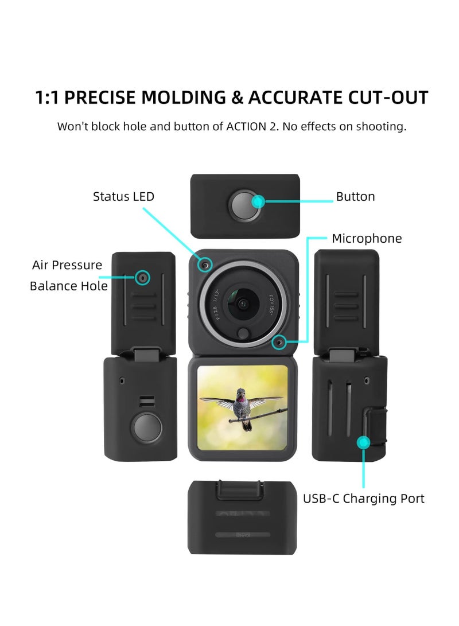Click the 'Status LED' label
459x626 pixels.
pyautogui.click(x=123, y=197)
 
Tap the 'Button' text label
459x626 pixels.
pyautogui.click(x=355, y=197)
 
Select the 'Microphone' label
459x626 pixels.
pyautogui.click(x=367, y=239)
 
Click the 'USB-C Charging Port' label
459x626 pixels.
pyautogui.click(x=364, y=498)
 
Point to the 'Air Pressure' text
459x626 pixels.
pyautogui.click(x=67, y=265)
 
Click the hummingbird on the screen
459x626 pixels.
pyautogui.click(x=242, y=405)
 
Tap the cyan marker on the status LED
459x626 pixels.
pyautogui.click(x=205, y=265)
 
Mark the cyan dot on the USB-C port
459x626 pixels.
pyautogui.click(x=363, y=442)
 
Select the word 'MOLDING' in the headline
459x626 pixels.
pyautogui.click(x=184, y=98)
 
